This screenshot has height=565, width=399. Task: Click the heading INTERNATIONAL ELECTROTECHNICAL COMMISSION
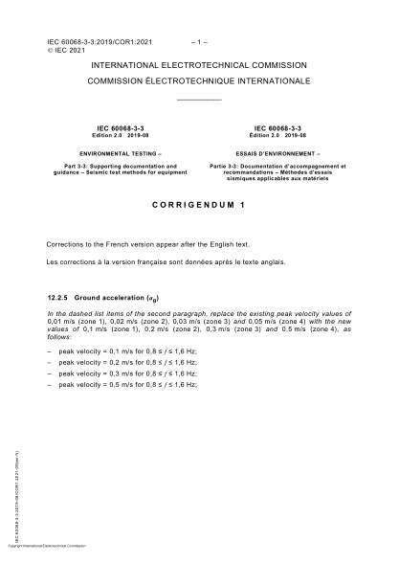click(x=199, y=65)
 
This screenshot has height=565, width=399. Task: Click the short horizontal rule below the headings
click(x=199, y=101)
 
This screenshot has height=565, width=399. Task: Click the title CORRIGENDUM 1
click(x=199, y=205)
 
